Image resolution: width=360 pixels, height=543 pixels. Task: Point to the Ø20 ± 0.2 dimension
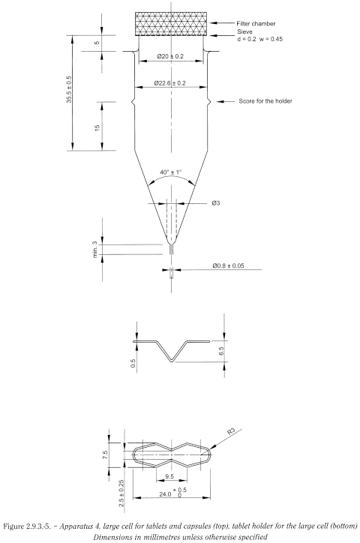(x=171, y=55)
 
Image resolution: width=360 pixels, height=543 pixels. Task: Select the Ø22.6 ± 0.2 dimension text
(x=171, y=82)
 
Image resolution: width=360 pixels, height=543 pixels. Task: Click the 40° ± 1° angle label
(x=171, y=172)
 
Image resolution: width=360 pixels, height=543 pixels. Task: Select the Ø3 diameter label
(x=217, y=203)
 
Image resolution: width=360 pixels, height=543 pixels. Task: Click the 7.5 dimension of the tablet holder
(x=107, y=454)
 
